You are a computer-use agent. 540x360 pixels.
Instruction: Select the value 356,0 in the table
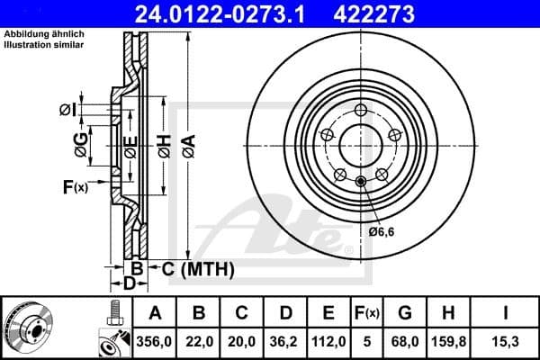155,341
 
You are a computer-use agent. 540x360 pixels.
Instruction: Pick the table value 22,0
199,341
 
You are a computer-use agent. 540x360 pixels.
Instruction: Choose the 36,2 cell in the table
285,341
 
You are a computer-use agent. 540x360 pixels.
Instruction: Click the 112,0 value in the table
328,341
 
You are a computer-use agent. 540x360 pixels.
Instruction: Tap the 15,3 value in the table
507,341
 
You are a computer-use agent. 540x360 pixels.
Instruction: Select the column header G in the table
405,312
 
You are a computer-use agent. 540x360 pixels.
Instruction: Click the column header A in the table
155,312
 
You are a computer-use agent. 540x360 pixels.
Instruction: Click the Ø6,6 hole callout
382,231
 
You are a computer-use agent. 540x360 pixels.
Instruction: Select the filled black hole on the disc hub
361,183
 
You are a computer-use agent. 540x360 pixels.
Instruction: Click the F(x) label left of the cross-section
75,187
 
